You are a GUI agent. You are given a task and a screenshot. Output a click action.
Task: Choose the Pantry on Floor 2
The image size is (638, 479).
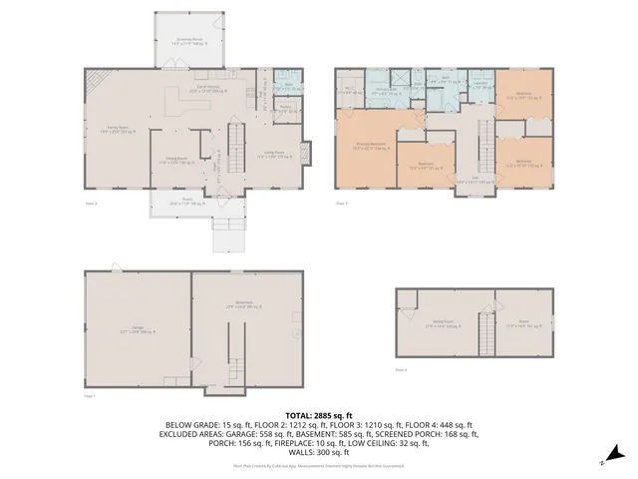click(x=285, y=108)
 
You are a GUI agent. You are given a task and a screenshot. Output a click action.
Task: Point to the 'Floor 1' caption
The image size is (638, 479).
click(x=90, y=397)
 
